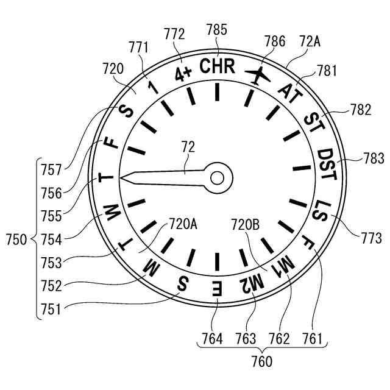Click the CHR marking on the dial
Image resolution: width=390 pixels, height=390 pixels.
(217, 66)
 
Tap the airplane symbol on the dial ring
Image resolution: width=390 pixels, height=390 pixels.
(258, 76)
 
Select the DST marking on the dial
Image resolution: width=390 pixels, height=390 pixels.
(327, 165)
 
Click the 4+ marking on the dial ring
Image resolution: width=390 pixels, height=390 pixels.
(183, 73)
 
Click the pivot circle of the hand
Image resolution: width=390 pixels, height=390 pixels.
(217, 177)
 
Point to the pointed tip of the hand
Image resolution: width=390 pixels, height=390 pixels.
(121, 178)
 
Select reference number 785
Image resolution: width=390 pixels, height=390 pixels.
(217, 29)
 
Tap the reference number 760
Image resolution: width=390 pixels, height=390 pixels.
(261, 361)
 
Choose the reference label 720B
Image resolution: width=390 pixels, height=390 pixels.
(246, 224)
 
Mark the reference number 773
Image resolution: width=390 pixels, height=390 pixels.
(370, 238)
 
